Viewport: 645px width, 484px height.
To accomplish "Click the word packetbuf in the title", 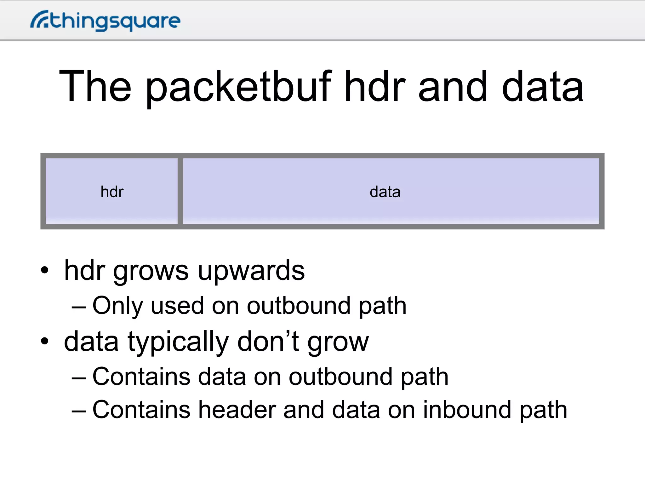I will [x=238, y=87].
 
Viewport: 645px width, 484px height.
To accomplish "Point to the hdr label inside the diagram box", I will [x=112, y=192].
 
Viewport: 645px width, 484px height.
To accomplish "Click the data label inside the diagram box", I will [x=385, y=192].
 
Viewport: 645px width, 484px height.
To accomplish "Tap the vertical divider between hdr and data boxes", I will [x=180, y=191].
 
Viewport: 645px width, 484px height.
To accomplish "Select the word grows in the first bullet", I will [x=151, y=272].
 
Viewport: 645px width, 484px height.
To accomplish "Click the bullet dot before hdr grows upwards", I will [x=45, y=270].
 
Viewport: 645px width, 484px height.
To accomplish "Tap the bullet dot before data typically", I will [x=45, y=341].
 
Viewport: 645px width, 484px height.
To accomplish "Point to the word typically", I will [x=178, y=342].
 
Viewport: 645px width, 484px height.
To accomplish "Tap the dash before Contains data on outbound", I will [x=78, y=377].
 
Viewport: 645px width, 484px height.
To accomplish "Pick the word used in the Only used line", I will [x=177, y=306].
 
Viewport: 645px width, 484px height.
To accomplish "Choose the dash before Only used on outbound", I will [x=78, y=307].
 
